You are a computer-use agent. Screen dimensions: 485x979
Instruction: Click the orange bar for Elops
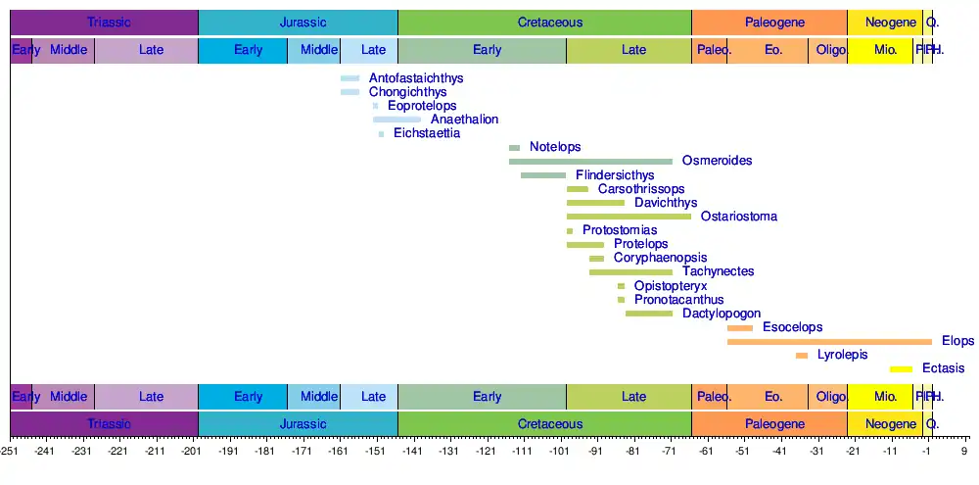[x=829, y=341]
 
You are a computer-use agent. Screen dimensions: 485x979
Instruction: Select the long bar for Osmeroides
[x=590, y=161]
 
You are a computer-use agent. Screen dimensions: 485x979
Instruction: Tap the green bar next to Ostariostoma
[x=629, y=217]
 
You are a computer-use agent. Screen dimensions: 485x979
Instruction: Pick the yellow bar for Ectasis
[x=901, y=369]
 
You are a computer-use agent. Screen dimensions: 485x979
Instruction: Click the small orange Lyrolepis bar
[x=802, y=355]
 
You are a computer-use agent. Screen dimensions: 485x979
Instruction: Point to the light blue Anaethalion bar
[x=396, y=120]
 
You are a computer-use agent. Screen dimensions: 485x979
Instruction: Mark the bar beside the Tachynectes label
[x=630, y=271]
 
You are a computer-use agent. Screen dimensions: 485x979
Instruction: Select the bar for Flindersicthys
[x=543, y=175]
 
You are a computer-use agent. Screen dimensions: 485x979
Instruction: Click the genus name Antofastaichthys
[x=416, y=78]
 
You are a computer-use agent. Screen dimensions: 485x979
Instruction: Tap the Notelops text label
[x=555, y=147]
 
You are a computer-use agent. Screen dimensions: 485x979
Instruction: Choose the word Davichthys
[x=666, y=203]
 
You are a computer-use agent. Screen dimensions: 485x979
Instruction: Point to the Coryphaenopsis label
[x=662, y=258]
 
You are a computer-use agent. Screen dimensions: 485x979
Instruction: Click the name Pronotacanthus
[x=678, y=300]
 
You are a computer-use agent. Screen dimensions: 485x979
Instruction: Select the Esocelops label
[x=792, y=327]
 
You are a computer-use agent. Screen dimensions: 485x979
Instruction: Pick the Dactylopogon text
[x=722, y=314]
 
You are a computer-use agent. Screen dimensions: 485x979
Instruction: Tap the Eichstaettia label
[x=426, y=133]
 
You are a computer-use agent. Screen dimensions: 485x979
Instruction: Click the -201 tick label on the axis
[x=192, y=452]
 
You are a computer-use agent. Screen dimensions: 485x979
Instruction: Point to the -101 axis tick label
[x=559, y=452]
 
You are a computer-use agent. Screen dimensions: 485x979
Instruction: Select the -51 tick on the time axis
[x=742, y=452]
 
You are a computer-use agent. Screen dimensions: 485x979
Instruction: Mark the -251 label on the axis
[x=10, y=452]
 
